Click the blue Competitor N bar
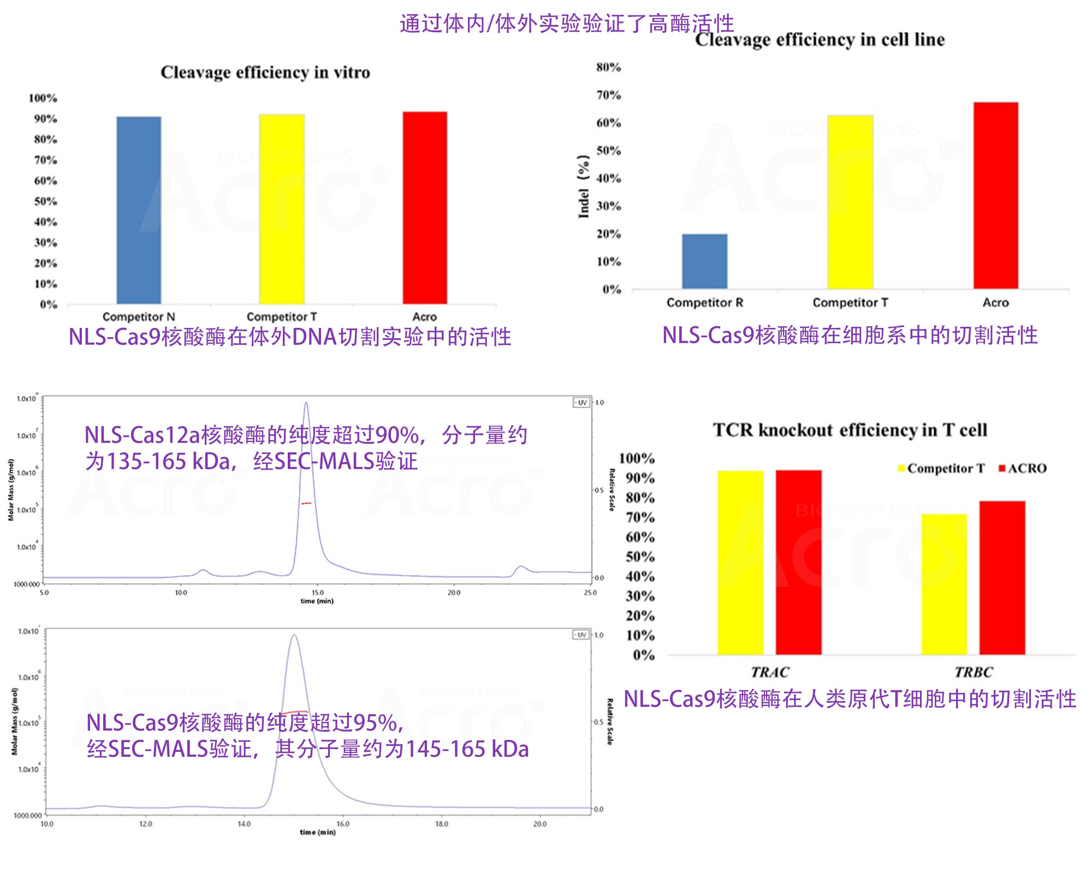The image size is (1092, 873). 139,210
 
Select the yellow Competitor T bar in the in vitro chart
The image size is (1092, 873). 282,209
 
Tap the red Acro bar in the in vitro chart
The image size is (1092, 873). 425,208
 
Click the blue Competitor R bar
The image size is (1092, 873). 704,261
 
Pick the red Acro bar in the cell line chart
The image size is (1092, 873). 995,195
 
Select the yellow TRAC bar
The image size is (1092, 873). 740,563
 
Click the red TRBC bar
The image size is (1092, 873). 1002,578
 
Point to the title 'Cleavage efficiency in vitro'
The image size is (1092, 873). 265,73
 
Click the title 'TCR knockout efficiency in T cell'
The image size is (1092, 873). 850,430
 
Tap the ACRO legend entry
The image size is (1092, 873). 1023,468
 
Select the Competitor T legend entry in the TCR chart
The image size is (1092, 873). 941,468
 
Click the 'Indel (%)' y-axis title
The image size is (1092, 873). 584,187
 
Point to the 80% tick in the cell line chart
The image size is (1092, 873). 608,67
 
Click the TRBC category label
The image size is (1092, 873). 974,672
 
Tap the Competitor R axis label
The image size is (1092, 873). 704,302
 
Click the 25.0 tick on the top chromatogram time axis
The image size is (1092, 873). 590,593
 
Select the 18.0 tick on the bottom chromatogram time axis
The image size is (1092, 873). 441,824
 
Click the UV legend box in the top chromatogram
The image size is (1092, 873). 581,403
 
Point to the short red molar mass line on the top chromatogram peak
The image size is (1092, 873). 306,503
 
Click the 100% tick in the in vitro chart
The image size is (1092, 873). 43,98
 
